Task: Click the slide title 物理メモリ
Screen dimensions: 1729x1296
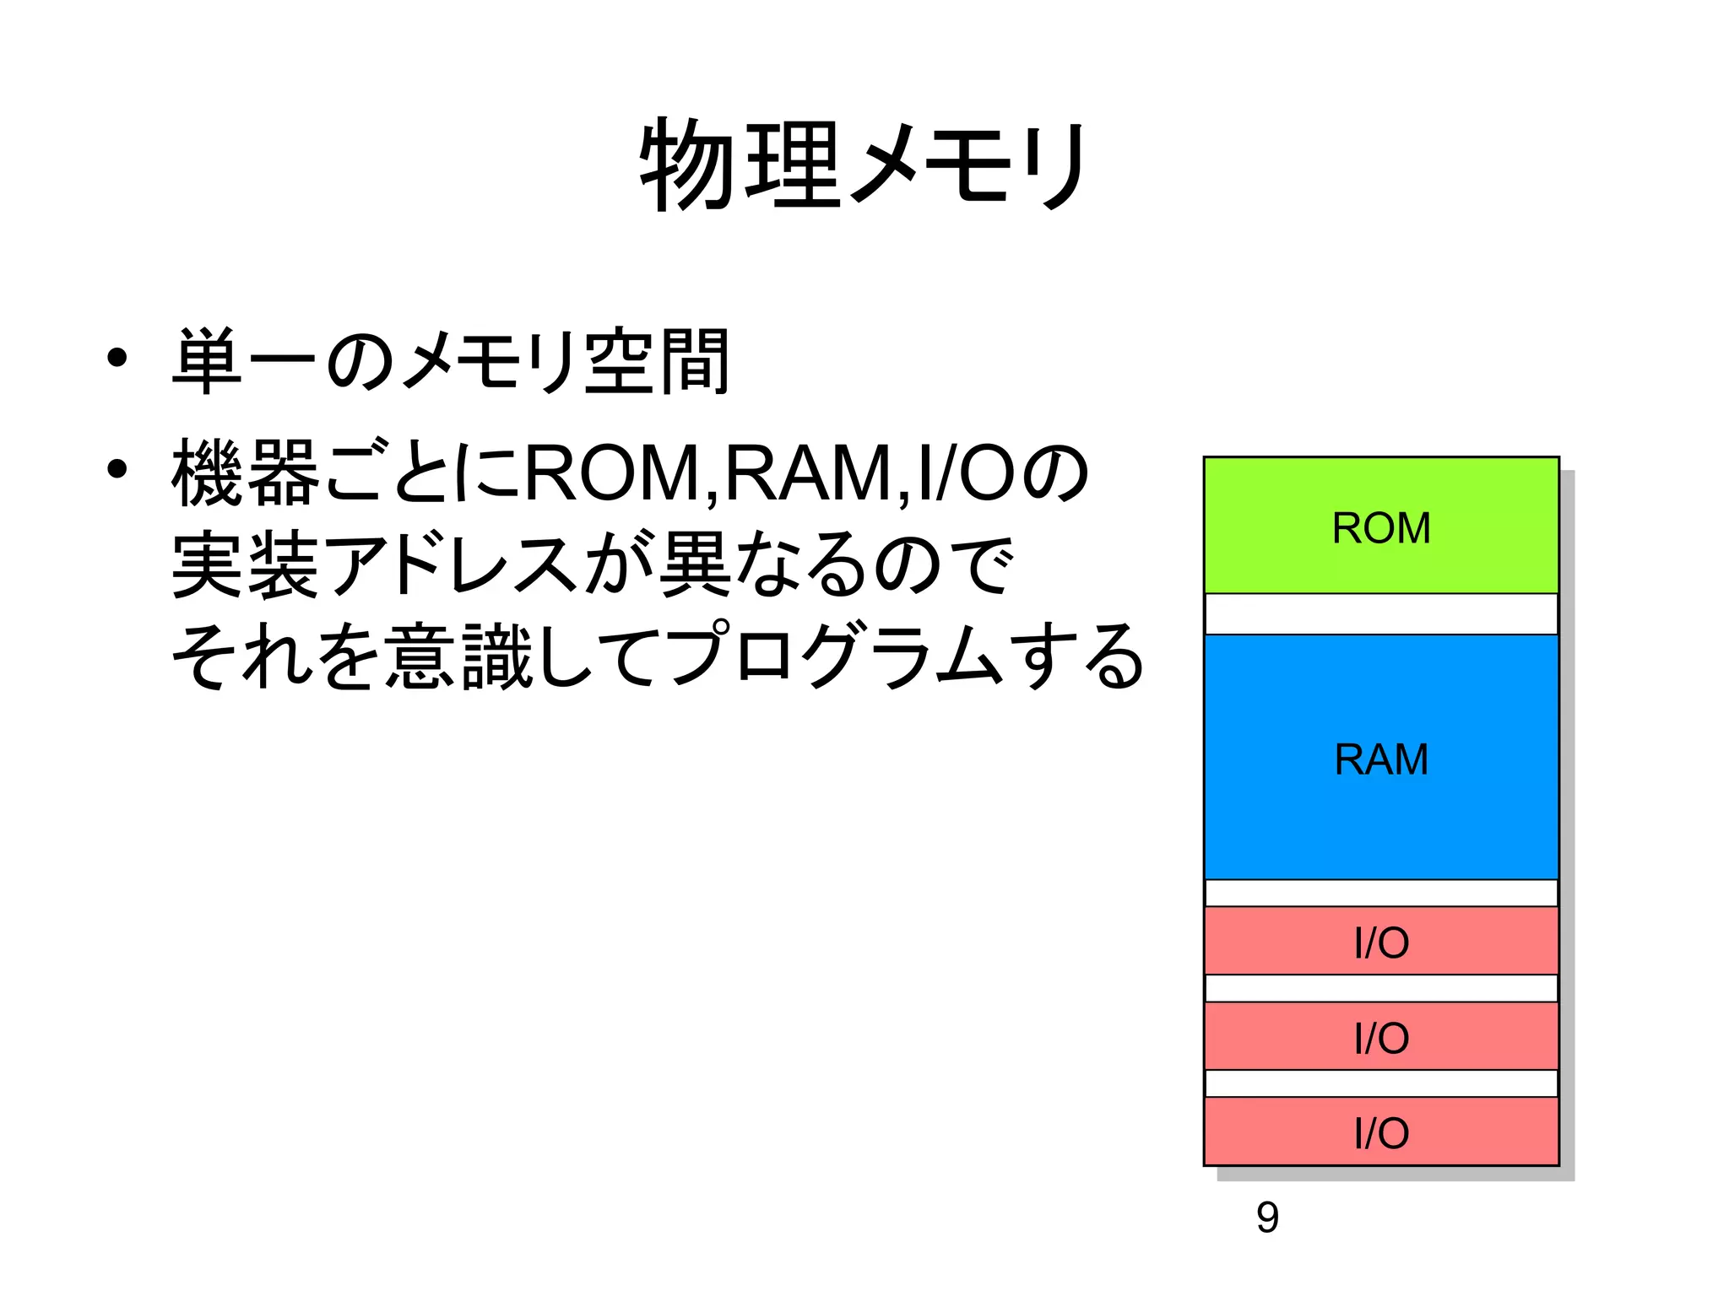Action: click(864, 165)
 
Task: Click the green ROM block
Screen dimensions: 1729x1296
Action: click(1380, 526)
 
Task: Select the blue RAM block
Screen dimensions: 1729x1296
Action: click(1380, 757)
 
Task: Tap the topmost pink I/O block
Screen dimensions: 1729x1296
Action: click(1380, 941)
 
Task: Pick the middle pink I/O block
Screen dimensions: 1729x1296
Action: click(1380, 1036)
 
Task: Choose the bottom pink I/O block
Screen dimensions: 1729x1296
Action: click(1380, 1131)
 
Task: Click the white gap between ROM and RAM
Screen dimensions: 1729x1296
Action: click(1380, 614)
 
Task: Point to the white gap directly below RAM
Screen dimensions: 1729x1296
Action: click(1380, 893)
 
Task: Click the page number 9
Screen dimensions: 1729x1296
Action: click(1267, 1217)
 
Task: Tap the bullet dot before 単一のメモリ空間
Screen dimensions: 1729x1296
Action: click(117, 359)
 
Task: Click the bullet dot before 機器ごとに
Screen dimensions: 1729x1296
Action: click(117, 469)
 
